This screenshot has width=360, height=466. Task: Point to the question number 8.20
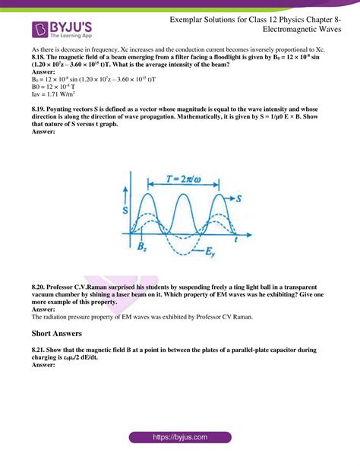tap(40, 287)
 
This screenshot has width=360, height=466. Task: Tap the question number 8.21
tap(40, 348)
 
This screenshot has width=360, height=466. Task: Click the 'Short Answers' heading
tap(63, 333)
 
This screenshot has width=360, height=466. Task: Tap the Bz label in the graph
tap(143, 246)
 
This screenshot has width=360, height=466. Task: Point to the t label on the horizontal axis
tap(236, 238)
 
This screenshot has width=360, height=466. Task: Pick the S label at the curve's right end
tap(236, 198)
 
